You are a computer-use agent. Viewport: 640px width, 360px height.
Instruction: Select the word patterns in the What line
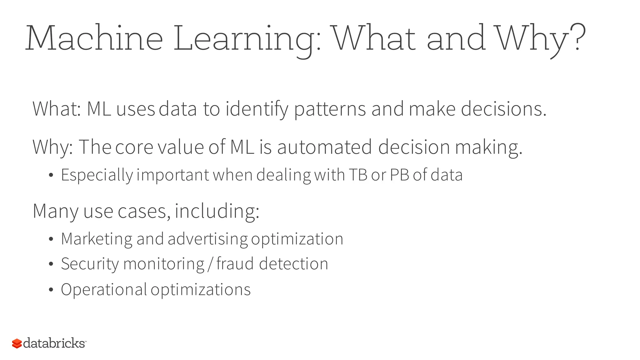330,109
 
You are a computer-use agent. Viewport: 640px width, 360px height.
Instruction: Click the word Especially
97,175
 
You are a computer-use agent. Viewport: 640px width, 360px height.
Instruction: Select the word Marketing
97,239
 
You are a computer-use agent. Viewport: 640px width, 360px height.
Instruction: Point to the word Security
90,264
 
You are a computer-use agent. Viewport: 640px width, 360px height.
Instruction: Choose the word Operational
104,289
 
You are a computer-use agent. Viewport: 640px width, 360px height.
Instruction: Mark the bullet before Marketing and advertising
51,239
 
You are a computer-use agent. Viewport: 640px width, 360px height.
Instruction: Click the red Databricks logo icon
17,343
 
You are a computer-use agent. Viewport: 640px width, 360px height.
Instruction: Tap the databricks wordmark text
54,343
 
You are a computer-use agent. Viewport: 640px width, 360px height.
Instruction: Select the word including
217,211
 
